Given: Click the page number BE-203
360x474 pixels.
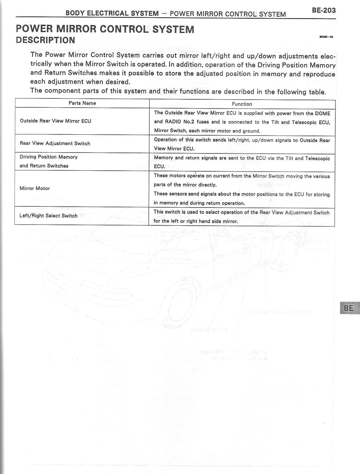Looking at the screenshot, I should [x=324, y=10].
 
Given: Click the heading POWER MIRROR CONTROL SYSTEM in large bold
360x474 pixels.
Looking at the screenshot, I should [x=105, y=29].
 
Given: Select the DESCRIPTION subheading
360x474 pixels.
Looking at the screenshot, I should [x=45, y=40].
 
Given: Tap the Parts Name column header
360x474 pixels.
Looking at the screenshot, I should [x=82, y=103].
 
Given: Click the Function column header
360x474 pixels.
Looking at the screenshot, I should [x=242, y=104].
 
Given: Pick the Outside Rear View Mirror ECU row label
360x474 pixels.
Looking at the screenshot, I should [x=55, y=121].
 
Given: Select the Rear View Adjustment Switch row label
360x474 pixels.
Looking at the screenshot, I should [x=55, y=143].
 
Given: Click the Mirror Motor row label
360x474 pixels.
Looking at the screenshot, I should [x=35, y=188].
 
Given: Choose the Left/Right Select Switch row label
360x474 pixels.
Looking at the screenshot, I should [x=48, y=216].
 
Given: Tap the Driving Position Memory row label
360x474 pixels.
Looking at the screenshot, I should [x=48, y=157].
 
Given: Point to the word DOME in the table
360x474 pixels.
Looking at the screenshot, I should [x=323, y=114].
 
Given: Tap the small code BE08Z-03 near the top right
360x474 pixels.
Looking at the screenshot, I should [x=326, y=37].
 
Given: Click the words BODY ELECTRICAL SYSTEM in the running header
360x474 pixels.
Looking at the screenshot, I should [x=112, y=13].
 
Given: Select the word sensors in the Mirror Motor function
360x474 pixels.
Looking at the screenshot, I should [x=178, y=194].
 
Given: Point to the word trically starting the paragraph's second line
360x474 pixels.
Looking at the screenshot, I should [x=41, y=64].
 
